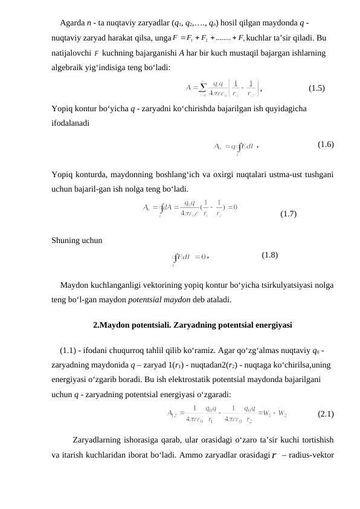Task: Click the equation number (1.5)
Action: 317,88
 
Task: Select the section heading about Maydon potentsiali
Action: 193,325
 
